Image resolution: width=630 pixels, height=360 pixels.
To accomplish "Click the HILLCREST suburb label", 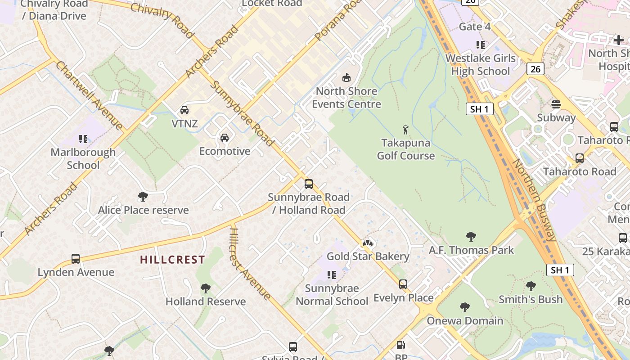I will [x=172, y=260].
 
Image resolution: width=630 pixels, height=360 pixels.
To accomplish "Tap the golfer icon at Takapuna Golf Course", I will [x=405, y=130].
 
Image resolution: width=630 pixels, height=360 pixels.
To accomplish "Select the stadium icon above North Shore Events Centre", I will [x=346, y=78].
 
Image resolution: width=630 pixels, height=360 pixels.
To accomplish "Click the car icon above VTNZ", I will [x=184, y=110].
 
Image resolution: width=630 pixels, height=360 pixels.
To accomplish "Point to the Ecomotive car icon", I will [x=224, y=138].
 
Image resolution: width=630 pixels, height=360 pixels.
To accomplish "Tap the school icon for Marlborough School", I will [x=83, y=139].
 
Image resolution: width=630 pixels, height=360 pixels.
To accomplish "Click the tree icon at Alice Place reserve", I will [x=143, y=197].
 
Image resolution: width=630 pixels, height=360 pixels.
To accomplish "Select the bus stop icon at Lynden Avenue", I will [x=76, y=259].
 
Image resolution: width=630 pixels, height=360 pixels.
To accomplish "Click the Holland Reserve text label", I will [x=206, y=301].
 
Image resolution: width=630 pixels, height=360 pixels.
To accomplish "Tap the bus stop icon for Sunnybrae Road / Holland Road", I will [x=308, y=184].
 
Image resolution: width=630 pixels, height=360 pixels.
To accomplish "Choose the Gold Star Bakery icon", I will [x=368, y=243].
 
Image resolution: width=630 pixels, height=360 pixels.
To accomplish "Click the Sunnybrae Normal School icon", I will [x=332, y=275].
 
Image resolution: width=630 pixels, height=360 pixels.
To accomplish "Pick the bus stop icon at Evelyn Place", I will [x=403, y=284].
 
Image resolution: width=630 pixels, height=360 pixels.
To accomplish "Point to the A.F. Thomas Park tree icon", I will [x=471, y=237].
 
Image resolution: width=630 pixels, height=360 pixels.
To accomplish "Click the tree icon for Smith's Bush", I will [x=531, y=286].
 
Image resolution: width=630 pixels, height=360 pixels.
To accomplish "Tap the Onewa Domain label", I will [x=465, y=321].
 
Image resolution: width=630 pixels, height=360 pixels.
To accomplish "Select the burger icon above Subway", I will [x=556, y=104].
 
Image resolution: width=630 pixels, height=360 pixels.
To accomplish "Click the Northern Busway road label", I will [x=535, y=200].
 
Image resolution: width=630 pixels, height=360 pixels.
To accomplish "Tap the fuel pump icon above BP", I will [x=400, y=346].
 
